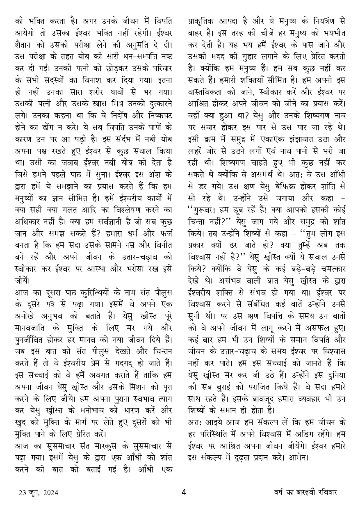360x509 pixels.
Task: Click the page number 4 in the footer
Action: pos(184,492)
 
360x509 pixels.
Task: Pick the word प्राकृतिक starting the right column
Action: pos(203,20)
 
